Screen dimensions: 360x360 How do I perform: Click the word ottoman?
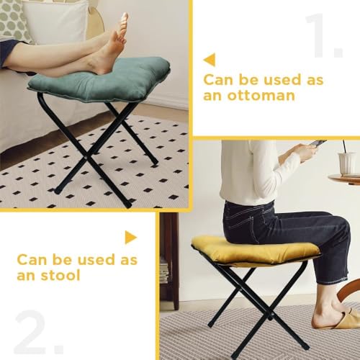click(261, 96)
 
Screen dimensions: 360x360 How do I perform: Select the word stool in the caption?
click(60, 275)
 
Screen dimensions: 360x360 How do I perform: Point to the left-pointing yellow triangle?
click(210, 60)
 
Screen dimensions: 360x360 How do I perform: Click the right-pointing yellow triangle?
click(131, 238)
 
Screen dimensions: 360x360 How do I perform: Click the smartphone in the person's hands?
click(317, 143)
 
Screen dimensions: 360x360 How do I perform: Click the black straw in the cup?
click(344, 147)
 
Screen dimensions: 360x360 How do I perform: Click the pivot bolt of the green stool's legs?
click(86, 158)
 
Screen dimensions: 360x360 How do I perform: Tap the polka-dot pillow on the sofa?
click(12, 20)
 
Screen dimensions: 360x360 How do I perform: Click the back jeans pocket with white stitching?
click(240, 221)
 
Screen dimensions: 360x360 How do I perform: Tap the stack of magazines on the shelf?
click(164, 271)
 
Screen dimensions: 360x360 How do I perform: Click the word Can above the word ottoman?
click(219, 80)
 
